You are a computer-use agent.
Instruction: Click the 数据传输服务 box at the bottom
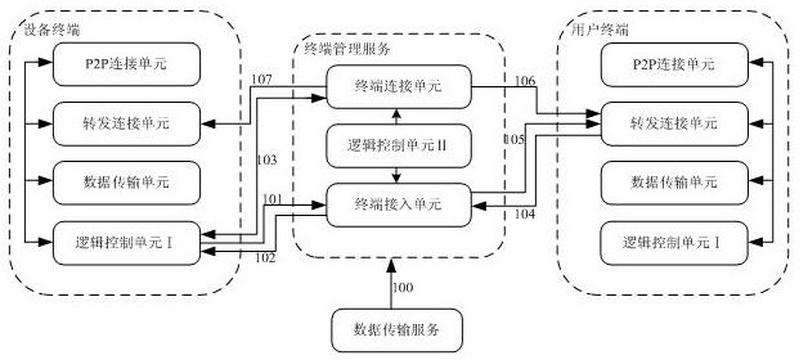coord(397,330)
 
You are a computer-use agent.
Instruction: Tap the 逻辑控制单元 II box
coord(398,146)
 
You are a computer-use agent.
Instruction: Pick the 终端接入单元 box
coord(398,205)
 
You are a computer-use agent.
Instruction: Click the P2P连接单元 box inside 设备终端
coord(126,64)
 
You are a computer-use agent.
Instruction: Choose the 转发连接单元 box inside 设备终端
coord(126,123)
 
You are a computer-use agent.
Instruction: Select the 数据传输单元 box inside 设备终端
coord(126,183)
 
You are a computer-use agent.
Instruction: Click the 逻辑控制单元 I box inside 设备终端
coord(126,243)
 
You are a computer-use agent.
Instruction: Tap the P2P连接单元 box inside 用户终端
coord(675,64)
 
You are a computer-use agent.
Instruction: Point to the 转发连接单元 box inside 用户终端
coord(675,123)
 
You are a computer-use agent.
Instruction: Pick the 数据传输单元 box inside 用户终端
coord(675,183)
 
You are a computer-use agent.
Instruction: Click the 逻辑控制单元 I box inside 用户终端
coord(675,243)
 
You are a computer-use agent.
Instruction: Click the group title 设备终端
coord(51,31)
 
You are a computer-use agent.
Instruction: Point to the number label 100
coord(403,287)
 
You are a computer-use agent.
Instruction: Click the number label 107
coord(261,80)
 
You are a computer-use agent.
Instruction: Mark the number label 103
coord(267,161)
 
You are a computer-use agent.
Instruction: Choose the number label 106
coord(525,80)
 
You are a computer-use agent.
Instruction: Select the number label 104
coord(524,215)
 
